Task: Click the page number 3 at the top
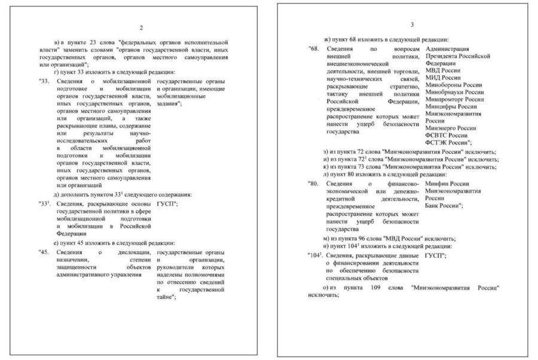pos(412,25)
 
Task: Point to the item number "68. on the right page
pos(315,48)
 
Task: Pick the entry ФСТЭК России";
pos(450,142)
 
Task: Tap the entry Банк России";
pos(448,205)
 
